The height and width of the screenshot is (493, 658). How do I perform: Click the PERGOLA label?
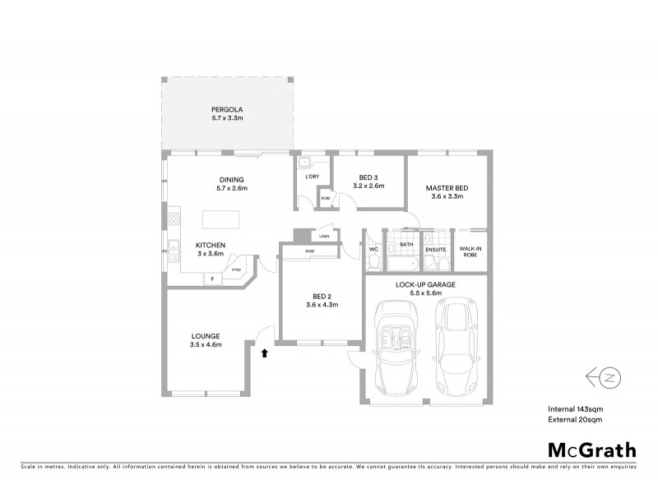point(227,109)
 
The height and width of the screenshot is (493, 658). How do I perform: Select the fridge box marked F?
point(212,279)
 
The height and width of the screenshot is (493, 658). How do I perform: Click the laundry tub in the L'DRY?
point(304,163)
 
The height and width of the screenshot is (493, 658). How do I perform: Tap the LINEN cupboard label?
point(325,236)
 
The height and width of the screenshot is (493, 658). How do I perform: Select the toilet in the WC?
point(374,260)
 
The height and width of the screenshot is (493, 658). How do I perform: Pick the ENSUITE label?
point(435,248)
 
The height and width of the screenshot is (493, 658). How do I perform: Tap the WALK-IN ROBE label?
point(470,251)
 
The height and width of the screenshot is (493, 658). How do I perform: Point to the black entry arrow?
point(264,353)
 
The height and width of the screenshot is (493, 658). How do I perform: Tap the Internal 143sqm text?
point(576,408)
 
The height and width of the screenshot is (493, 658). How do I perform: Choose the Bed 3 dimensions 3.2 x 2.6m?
point(368,186)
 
